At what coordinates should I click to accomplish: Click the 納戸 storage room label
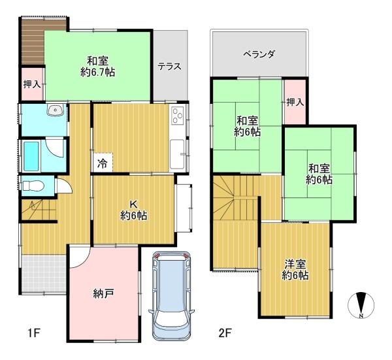coord(103,293)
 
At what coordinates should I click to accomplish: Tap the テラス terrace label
coord(169,67)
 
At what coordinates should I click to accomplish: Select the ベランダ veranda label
coord(259,54)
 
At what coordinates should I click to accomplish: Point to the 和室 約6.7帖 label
coord(97,67)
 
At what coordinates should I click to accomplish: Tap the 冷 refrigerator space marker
coord(102,164)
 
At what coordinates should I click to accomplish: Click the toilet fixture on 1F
coord(33,186)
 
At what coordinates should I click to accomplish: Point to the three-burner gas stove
coord(178,116)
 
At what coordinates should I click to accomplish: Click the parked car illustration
coord(171,295)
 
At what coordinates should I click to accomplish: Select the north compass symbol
coord(361,306)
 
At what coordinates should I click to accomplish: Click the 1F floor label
coord(34,333)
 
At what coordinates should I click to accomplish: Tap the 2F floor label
coord(225,333)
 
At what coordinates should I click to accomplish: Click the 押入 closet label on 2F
coord(295,102)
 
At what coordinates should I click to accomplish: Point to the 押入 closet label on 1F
coord(32,84)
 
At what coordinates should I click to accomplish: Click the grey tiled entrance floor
coord(44,273)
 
